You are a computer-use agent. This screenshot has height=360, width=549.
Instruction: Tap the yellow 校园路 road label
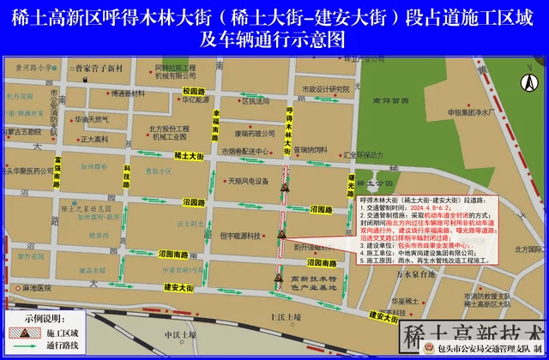(x=195, y=91)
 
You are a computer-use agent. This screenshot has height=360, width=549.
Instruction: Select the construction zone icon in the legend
(x=16, y=331)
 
